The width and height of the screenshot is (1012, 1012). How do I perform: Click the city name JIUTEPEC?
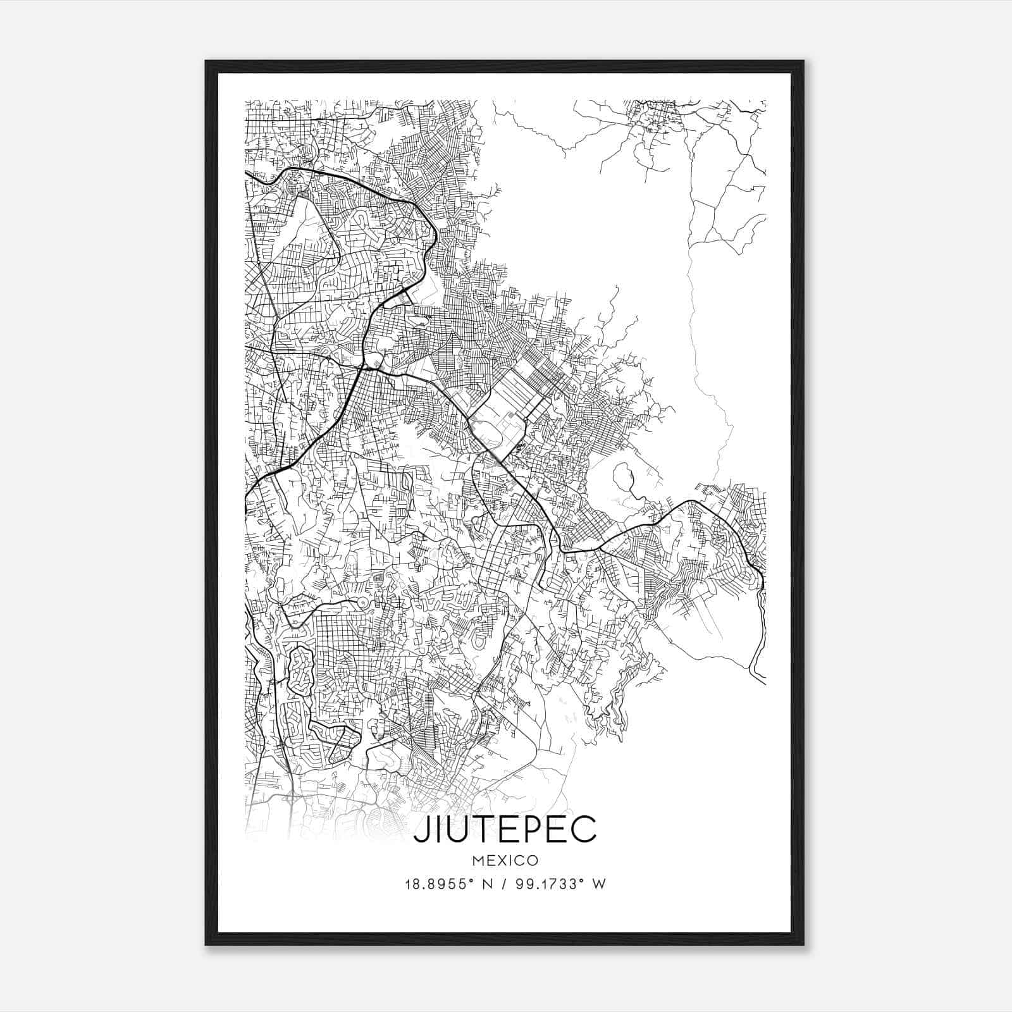click(505, 829)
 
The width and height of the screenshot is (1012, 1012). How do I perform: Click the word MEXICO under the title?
click(505, 860)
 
